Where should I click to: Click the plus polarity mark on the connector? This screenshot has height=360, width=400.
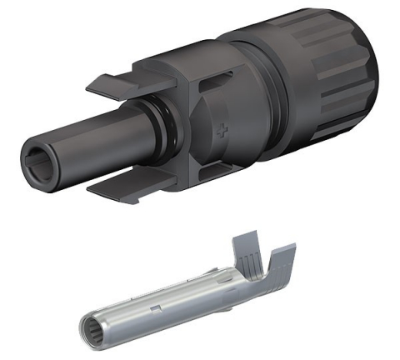pos(221,132)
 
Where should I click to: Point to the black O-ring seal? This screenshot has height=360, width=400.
pos(157,132)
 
